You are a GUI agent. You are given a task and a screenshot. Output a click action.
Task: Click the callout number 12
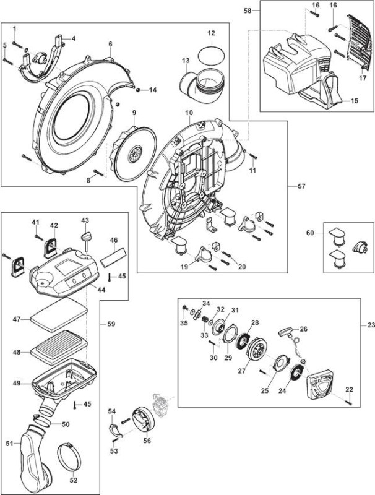point(211,33)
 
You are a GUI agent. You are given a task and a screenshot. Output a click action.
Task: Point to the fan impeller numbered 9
point(135,153)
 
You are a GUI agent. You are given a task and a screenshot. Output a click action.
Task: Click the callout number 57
point(301,186)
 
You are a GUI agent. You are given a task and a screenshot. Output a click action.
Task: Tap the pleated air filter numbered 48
point(58,347)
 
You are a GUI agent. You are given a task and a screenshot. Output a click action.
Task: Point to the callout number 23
point(371,324)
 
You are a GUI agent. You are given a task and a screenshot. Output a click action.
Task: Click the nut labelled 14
point(138,90)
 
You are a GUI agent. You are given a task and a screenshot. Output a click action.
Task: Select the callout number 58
point(248,11)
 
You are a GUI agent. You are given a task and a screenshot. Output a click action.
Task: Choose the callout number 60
point(310,233)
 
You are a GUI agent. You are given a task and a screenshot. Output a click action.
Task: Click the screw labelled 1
point(18,45)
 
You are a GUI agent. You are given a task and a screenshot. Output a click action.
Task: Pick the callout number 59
point(111,324)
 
